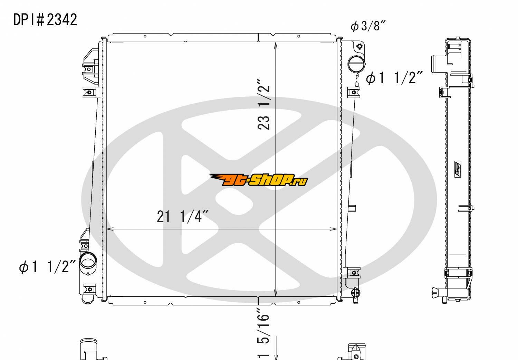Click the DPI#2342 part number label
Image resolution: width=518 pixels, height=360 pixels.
[45, 20]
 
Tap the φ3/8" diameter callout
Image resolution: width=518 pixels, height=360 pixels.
[368, 26]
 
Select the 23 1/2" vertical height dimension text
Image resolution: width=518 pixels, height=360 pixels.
[263, 104]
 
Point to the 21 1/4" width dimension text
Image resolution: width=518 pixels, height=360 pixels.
[183, 216]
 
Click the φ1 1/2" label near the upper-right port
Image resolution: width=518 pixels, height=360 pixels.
[394, 77]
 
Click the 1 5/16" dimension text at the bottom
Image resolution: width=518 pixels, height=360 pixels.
[263, 333]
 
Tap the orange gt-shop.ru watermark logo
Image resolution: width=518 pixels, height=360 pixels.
[258, 180]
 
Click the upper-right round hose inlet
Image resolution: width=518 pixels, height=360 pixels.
[357, 64]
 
